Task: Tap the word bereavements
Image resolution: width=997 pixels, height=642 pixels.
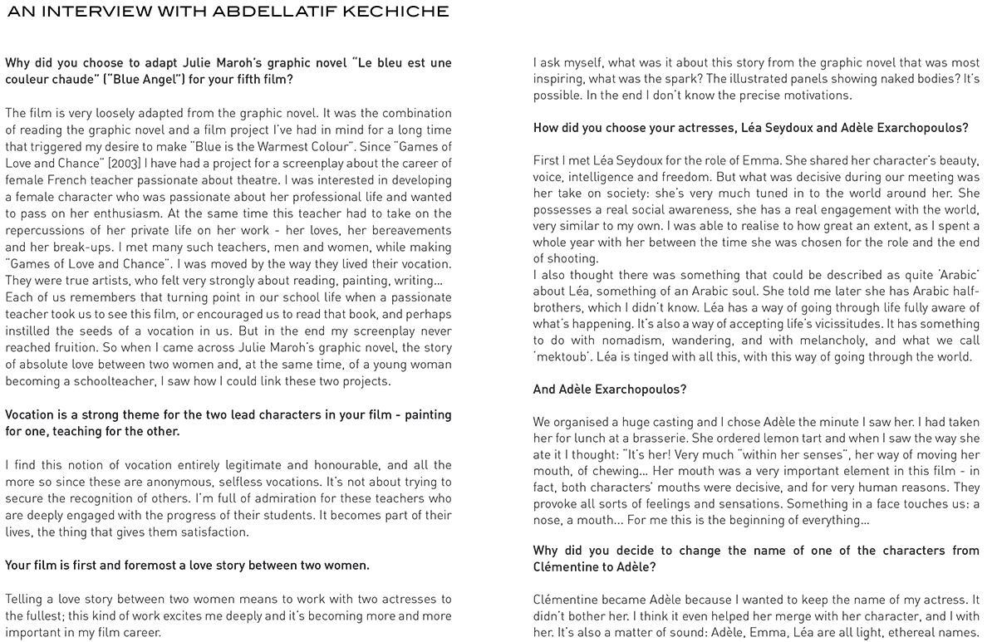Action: pos(410,230)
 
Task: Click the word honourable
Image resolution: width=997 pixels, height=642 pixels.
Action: pos(341,465)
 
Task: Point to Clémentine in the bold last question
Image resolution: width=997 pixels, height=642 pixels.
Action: pos(573,567)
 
